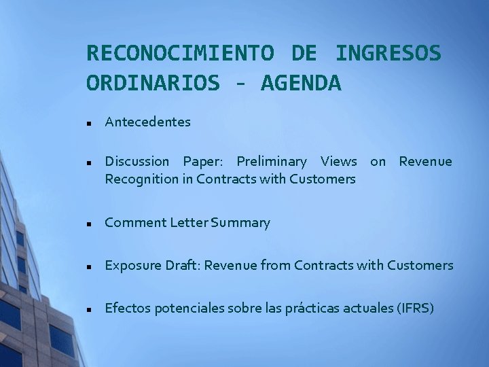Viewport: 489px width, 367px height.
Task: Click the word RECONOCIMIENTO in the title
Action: point(180,52)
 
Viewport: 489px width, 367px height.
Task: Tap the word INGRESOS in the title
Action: point(388,52)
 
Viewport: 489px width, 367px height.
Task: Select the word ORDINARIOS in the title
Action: point(153,83)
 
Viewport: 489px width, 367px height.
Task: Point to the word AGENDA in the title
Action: point(301,83)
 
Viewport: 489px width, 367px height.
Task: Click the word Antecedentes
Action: point(147,122)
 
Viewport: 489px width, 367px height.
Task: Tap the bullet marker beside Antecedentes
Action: point(89,123)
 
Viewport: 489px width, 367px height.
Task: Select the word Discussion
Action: point(137,162)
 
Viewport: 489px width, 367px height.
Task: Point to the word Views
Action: point(338,162)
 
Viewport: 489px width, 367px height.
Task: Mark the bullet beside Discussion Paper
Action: point(89,162)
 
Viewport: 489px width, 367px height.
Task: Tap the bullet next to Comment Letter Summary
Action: point(89,224)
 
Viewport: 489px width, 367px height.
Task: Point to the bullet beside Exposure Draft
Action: point(89,266)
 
